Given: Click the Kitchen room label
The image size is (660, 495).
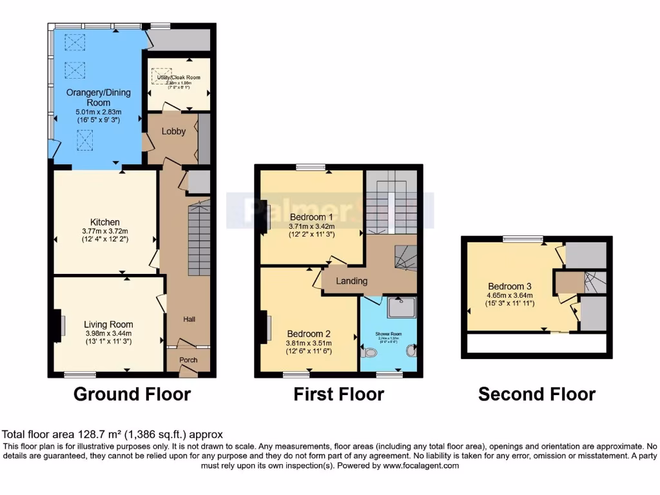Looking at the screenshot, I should pyautogui.click(x=105, y=222).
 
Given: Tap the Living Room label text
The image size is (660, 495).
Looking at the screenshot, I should pyautogui.click(x=108, y=324).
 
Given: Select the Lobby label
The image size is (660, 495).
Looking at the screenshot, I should pyautogui.click(x=173, y=131).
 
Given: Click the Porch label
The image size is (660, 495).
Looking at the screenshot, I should pyautogui.click(x=188, y=360).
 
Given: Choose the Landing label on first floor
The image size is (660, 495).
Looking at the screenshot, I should pyautogui.click(x=352, y=281).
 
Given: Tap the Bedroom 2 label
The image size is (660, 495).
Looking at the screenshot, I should pyautogui.click(x=309, y=334).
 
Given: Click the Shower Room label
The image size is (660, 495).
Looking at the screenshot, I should pyautogui.click(x=389, y=334).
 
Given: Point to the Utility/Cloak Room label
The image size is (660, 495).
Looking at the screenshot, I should pyautogui.click(x=179, y=77).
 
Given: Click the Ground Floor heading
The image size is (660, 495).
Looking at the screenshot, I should pyautogui.click(x=132, y=394).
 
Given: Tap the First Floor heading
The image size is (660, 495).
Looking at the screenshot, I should pyautogui.click(x=339, y=394).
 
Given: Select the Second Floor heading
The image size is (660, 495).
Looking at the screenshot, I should pyautogui.click(x=537, y=394).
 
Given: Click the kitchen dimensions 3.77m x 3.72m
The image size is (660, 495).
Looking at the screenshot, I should pyautogui.click(x=105, y=231).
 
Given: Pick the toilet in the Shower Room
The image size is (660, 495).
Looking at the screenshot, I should pyautogui.click(x=369, y=353).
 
